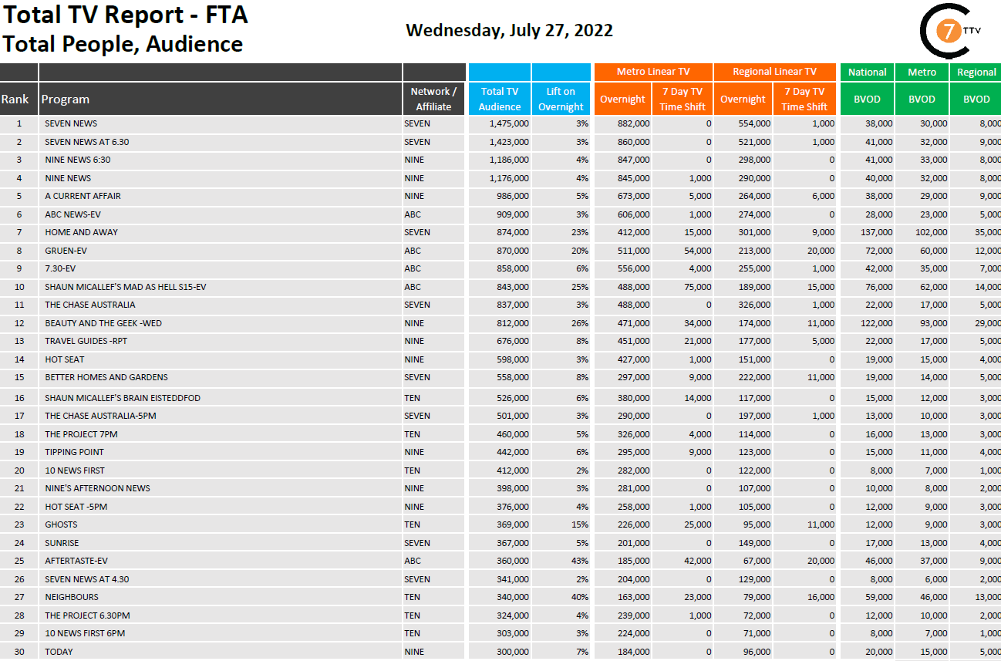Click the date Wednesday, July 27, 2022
coord(509,30)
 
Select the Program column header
coord(66,99)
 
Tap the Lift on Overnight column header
coord(561,99)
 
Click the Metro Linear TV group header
coord(653,72)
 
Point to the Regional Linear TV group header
coord(774,72)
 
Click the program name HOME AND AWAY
coord(81,232)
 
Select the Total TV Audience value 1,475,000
coord(509,123)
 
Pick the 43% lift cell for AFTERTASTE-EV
coord(580,561)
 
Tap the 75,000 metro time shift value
coord(697,287)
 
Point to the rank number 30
coord(19,652)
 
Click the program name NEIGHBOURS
coord(72,597)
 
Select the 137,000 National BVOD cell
coord(876,232)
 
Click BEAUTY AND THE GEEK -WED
coord(103,323)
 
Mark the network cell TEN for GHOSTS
coord(412,524)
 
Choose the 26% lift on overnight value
coord(580,323)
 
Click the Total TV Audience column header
coord(499,99)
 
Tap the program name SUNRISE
coord(62,543)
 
